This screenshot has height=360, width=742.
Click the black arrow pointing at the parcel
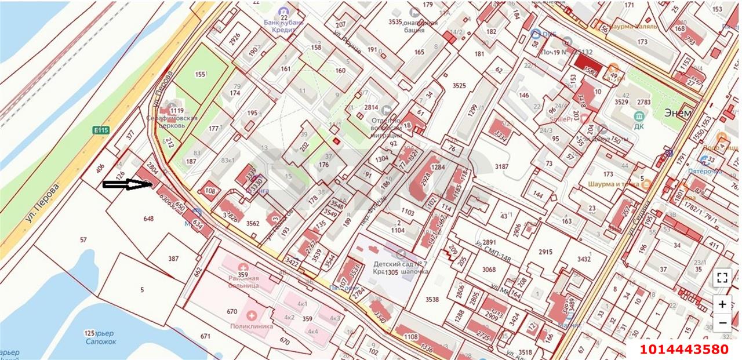coord(127,185)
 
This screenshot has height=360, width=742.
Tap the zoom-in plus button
coord(722,304)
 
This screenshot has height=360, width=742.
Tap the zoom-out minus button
coord(722,322)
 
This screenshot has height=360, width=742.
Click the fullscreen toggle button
coord(722,277)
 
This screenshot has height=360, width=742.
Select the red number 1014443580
coord(684,349)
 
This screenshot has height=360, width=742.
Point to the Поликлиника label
coord(252,326)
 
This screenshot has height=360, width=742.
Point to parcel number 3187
coord(501,167)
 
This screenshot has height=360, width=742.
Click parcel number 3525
coord(459,86)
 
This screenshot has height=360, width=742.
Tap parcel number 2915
coord(545,252)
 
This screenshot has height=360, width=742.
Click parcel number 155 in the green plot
coord(201,74)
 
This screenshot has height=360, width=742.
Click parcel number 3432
coord(584,259)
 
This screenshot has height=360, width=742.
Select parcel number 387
coord(173,259)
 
